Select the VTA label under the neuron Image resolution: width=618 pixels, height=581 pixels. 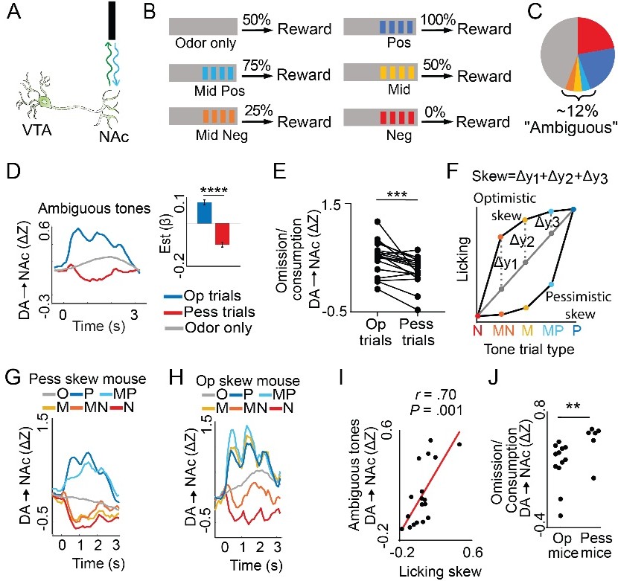click(x=37, y=129)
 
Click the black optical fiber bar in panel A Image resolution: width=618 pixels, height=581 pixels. click(x=112, y=21)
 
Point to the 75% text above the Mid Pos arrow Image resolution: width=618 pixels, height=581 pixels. click(x=257, y=65)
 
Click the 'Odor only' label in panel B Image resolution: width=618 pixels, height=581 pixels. click(x=206, y=43)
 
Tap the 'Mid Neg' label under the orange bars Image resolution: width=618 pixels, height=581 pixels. click(x=222, y=136)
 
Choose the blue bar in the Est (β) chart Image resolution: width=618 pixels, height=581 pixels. click(x=205, y=213)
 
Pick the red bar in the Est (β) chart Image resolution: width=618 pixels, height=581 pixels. click(x=223, y=234)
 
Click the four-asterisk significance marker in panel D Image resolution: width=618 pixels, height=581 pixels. click(x=214, y=190)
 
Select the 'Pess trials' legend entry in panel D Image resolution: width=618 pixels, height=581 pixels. click(x=209, y=312)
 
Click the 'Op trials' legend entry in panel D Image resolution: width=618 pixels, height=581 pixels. click(x=203, y=296)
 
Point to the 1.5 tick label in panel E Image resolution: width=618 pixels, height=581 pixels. click(x=331, y=205)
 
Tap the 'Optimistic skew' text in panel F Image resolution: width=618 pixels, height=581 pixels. click(x=505, y=207)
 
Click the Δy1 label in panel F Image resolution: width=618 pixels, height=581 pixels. click(x=506, y=261)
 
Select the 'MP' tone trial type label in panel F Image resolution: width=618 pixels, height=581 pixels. click(x=552, y=330)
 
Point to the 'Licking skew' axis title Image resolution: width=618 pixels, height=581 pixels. click(x=440, y=571)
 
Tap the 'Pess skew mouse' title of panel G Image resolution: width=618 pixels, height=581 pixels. click(x=88, y=379)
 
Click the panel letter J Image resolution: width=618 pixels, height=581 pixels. click(x=494, y=378)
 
